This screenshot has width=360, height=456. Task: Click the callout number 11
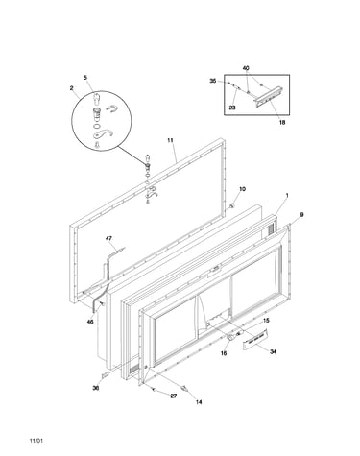[170, 140]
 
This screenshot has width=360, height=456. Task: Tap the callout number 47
[109, 238]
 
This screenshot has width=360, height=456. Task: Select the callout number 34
[273, 352]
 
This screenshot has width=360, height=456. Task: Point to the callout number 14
[199, 402]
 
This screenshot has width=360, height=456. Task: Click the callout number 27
[173, 396]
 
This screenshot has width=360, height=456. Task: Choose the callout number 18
[282, 122]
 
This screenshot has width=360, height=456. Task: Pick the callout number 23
[232, 108]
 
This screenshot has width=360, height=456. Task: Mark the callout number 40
[246, 68]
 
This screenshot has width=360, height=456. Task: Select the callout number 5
[85, 78]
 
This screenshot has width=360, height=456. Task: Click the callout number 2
[71, 88]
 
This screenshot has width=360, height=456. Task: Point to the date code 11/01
[36, 441]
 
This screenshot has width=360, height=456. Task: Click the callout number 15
[266, 321]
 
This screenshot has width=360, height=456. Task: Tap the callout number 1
[287, 195]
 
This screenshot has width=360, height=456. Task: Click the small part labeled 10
[232, 206]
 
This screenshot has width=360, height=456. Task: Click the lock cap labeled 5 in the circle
[96, 98]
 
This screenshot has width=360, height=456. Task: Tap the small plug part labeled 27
[155, 390]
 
